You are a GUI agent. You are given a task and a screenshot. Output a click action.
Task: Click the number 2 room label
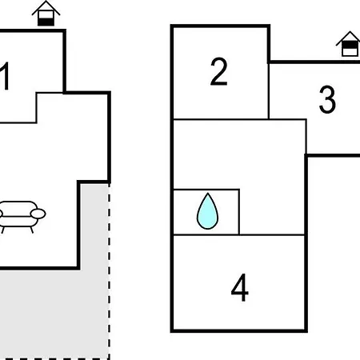click(219, 71)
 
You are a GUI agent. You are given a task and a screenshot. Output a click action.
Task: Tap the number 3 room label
click(327, 99)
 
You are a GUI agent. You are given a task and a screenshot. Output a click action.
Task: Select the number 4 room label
click(239, 287)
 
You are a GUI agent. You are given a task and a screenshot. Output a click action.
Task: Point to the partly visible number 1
click(5, 76)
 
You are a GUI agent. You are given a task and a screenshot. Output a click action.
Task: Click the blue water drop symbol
click(207, 211)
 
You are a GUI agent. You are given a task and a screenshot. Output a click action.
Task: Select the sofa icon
click(22, 217)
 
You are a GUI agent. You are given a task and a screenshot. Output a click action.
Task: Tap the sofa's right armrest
click(38, 214)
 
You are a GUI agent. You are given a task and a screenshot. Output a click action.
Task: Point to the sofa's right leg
click(31, 230)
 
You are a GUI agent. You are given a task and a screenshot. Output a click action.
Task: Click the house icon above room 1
click(46, 14)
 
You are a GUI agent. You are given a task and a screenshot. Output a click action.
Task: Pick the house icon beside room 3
click(350, 44)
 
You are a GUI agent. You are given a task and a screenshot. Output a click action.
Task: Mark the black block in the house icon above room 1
click(46, 22)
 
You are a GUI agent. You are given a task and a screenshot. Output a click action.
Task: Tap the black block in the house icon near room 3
click(350, 45)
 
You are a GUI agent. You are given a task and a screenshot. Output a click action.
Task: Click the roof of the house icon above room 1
click(46, 7)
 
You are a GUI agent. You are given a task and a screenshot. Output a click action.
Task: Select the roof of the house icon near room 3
click(349, 38)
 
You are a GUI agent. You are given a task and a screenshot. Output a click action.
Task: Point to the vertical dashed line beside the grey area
click(109, 271)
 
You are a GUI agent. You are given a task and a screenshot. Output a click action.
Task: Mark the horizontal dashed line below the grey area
click(54, 359)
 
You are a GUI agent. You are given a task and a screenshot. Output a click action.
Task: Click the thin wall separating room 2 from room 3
click(269, 91)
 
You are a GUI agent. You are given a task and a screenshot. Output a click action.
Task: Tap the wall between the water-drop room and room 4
click(206, 234)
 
